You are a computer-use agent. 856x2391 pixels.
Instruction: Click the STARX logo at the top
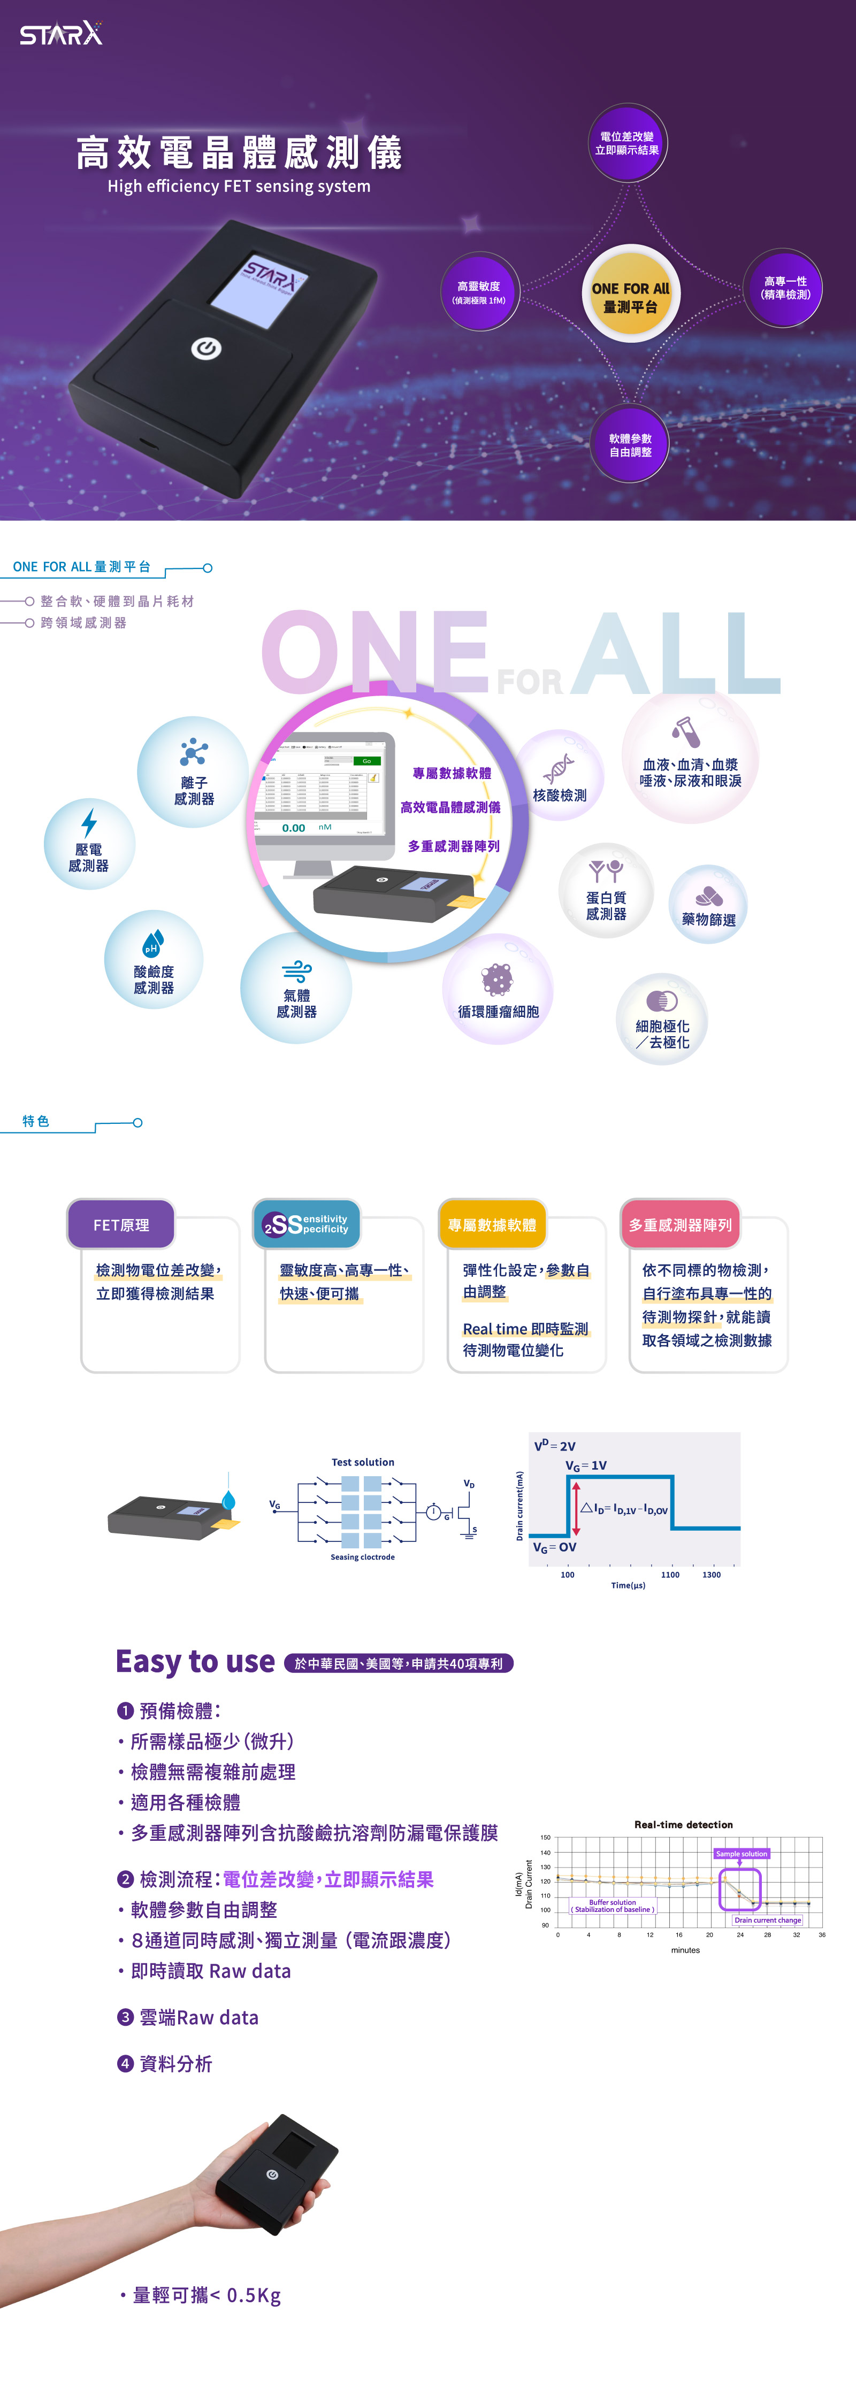pyautogui.click(x=62, y=34)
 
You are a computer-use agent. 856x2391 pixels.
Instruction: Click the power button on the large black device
pyautogui.click(x=205, y=348)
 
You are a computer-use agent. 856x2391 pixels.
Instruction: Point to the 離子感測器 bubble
pyautogui.click(x=193, y=772)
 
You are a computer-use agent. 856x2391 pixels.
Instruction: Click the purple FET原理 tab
pyautogui.click(x=121, y=1224)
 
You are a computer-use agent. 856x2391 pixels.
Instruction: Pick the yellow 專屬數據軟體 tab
pyautogui.click(x=492, y=1224)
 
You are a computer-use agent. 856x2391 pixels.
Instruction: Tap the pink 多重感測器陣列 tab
pyautogui.click(x=681, y=1224)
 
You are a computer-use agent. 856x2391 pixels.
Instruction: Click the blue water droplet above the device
pyautogui.click(x=228, y=1499)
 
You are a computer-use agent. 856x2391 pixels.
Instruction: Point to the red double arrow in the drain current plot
pyautogui.click(x=576, y=1508)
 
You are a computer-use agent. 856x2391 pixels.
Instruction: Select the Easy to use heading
pyautogui.click(x=195, y=1661)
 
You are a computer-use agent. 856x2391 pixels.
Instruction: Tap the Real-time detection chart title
pyautogui.click(x=683, y=1824)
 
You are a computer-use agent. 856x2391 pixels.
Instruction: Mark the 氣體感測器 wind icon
pyautogui.click(x=296, y=971)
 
